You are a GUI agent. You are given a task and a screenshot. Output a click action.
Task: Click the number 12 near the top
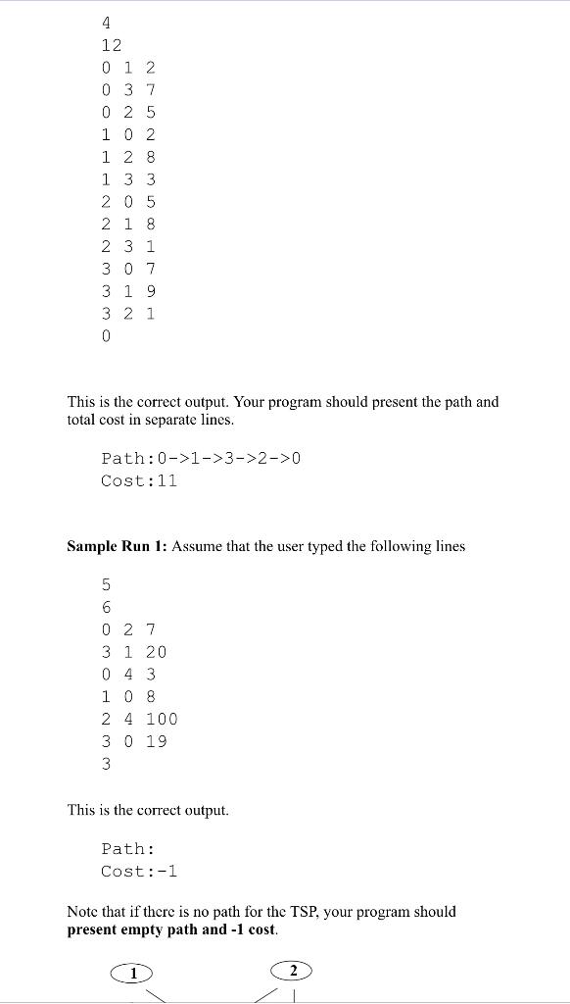click(x=111, y=45)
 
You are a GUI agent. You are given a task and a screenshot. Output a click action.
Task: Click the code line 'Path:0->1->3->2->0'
click(x=200, y=458)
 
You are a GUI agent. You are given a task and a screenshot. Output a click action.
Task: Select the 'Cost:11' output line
click(x=138, y=480)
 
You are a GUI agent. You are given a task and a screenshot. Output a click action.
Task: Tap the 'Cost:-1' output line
click(x=138, y=871)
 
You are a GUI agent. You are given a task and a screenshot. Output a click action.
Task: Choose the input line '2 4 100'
click(x=139, y=719)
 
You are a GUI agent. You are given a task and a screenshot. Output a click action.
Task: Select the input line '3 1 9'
click(x=128, y=291)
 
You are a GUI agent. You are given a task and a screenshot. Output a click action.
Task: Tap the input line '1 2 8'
click(x=128, y=157)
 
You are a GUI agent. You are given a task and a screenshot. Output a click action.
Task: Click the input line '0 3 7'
click(x=128, y=90)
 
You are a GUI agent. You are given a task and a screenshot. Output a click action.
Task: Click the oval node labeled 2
click(x=291, y=971)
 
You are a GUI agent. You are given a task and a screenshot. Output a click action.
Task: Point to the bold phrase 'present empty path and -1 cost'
click(x=172, y=929)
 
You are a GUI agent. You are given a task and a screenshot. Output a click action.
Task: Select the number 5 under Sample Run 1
click(x=106, y=585)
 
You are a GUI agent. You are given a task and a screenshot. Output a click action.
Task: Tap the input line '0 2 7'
click(x=128, y=629)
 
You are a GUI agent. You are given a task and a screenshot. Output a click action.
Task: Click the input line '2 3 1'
click(x=128, y=246)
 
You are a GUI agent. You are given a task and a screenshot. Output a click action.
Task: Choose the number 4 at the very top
click(x=106, y=23)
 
